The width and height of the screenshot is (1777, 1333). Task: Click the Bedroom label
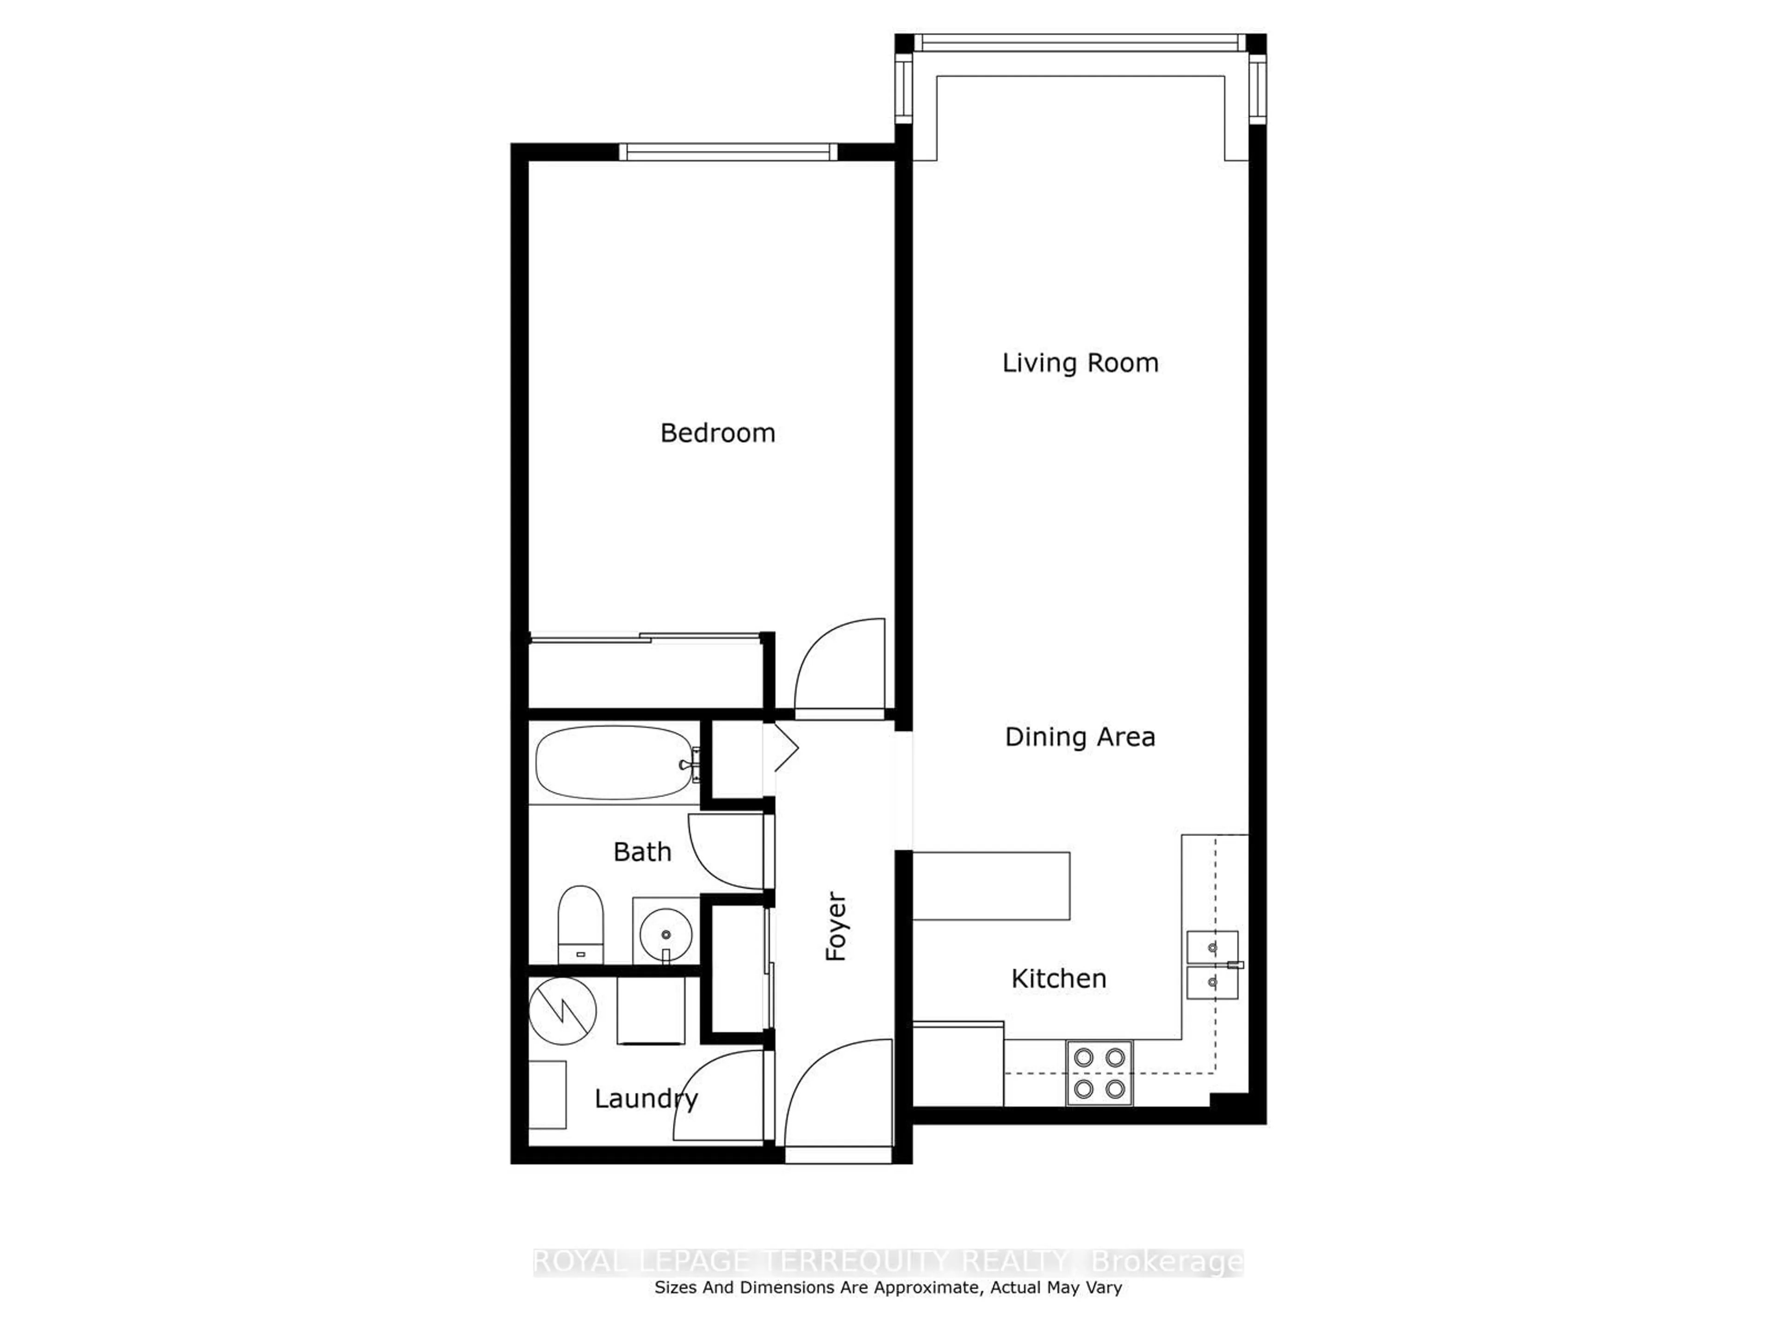(x=717, y=433)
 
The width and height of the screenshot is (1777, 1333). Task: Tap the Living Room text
(x=1080, y=363)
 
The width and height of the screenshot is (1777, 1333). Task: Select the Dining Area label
(x=1080, y=737)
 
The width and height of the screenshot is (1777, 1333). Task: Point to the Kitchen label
(x=1058, y=978)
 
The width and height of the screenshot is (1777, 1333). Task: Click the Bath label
(x=642, y=852)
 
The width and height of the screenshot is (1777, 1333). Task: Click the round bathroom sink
(x=665, y=934)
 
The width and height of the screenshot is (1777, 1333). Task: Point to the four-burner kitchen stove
(x=1099, y=1073)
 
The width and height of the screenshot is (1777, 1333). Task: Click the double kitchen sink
(x=1212, y=965)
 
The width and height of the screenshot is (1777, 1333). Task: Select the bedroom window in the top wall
(x=728, y=152)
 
